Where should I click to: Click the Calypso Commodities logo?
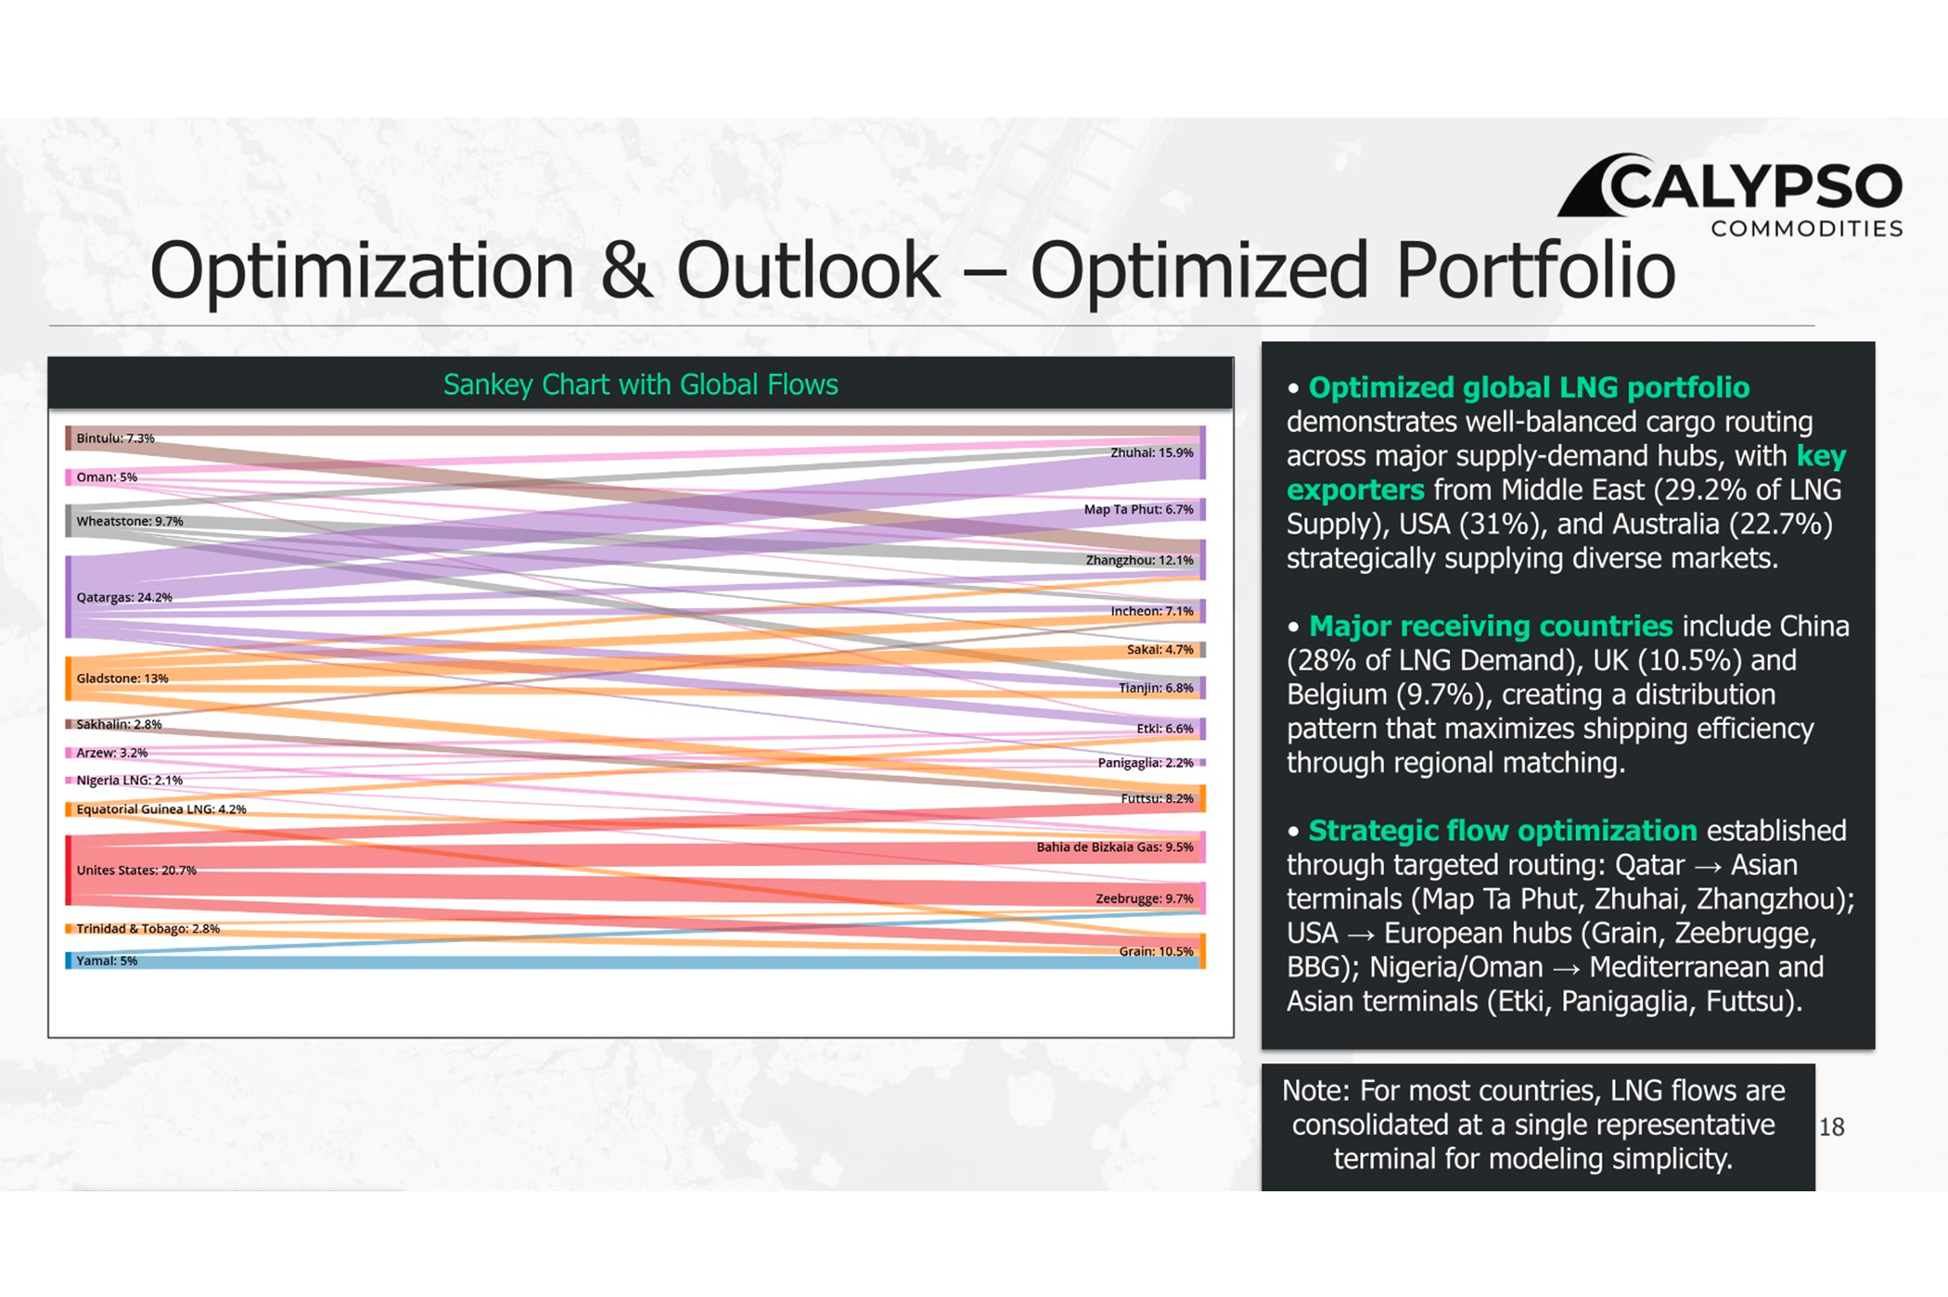(1731, 196)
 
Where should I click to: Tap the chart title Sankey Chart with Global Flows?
(640, 384)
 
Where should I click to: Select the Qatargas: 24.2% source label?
(124, 597)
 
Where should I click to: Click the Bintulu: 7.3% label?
(115, 438)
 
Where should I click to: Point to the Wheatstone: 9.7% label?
(130, 521)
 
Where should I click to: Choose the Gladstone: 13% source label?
(122, 679)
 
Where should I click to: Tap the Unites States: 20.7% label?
(136, 870)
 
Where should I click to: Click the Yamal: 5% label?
(107, 960)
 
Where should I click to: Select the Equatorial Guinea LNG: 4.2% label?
(161, 808)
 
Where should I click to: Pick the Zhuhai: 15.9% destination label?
(1152, 452)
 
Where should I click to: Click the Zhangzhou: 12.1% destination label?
(1140, 560)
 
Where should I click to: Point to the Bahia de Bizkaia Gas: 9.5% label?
(1115, 846)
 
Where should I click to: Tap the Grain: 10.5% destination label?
(1156, 951)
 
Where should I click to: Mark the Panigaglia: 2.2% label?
(1146, 762)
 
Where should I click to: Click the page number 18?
(1831, 1126)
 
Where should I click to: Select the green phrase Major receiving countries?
(1491, 626)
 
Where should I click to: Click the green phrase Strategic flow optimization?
(1503, 830)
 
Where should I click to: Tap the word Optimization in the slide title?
(362, 271)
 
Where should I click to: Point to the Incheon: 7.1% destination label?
(1152, 611)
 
